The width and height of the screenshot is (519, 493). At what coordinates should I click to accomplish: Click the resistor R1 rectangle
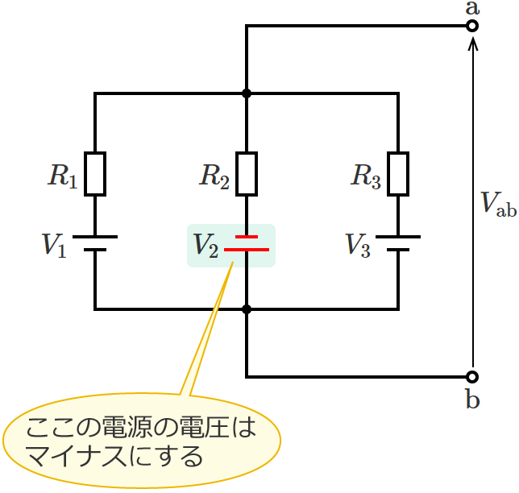tap(95, 174)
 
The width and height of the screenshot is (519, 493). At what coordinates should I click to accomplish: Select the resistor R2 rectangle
tap(247, 174)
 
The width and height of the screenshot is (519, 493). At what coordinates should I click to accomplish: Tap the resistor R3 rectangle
tap(398, 174)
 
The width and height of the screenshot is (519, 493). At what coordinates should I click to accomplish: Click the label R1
tap(61, 176)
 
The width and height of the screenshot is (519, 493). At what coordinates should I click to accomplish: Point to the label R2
tap(214, 176)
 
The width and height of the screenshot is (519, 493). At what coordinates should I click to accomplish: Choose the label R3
tap(365, 176)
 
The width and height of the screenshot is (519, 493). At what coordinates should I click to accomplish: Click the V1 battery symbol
tap(95, 243)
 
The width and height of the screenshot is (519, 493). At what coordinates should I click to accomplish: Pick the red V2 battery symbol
tap(247, 243)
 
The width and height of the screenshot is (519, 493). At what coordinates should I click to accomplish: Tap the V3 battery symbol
tap(398, 243)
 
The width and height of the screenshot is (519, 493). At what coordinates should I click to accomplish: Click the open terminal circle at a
tap(472, 27)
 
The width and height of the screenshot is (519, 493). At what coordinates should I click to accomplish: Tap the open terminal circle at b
tap(472, 376)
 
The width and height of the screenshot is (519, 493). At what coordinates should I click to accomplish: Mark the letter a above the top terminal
tap(472, 8)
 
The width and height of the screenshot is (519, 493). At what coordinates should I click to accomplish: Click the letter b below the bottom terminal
tap(472, 399)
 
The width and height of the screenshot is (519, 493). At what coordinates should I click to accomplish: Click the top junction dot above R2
tap(247, 93)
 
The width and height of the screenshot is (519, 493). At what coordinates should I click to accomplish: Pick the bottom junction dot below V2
tap(247, 309)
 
